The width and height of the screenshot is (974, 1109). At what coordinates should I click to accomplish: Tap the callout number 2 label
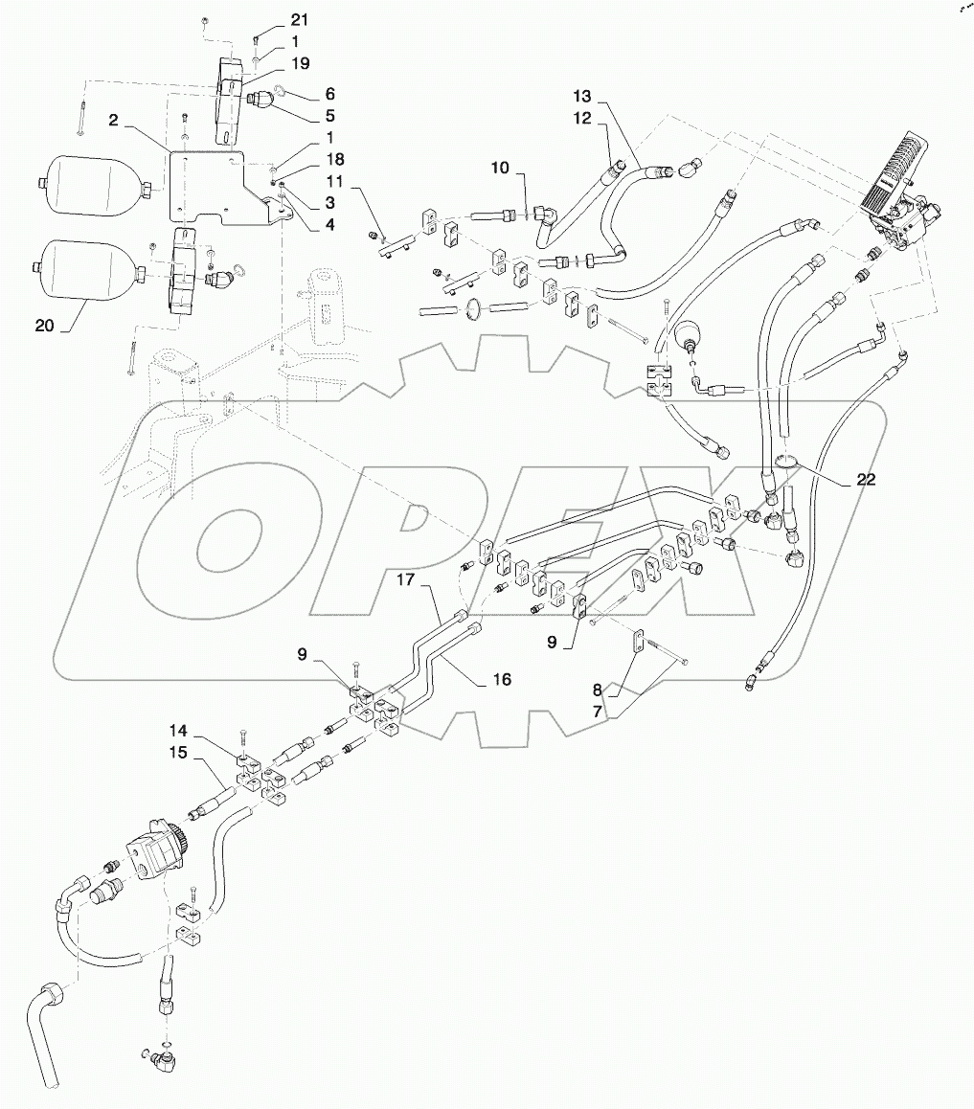coord(113,120)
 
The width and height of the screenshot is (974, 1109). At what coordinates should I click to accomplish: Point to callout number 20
coord(44,326)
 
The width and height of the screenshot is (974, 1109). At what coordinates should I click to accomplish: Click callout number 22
coord(867,482)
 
